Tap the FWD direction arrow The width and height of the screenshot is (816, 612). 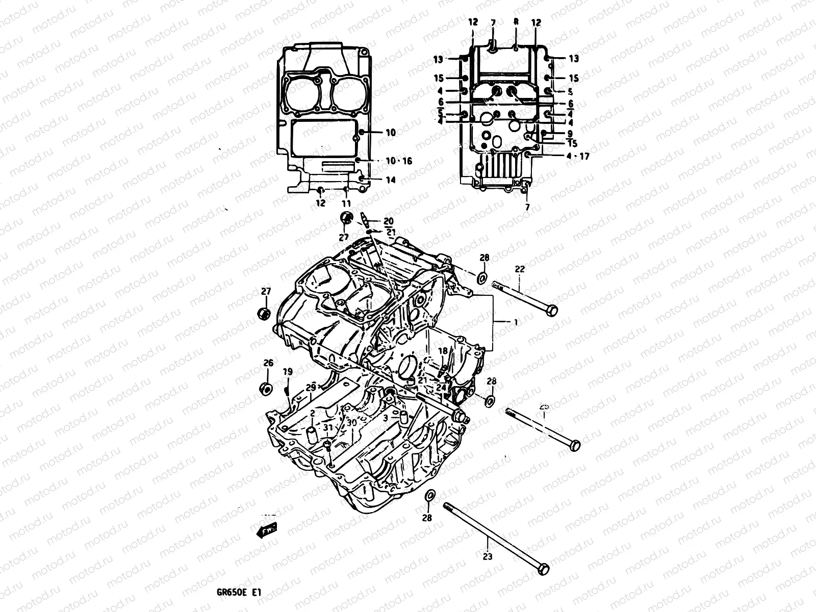pos(266,531)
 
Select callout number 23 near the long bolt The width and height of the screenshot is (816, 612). pos(488,556)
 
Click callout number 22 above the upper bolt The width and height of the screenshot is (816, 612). pos(519,269)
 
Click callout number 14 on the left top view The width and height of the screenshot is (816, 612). pos(391,180)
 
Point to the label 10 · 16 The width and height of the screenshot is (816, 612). pos(398,161)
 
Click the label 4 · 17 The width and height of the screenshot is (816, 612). pos(577,157)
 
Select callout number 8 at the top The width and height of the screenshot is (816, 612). pos(516,22)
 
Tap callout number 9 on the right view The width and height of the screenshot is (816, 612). pos(569,134)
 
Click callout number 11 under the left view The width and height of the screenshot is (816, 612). pos(346,203)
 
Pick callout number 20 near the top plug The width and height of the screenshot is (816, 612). pos(389,221)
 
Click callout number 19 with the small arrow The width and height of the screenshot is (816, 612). pos(287,371)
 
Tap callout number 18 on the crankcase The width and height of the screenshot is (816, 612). pos(443,351)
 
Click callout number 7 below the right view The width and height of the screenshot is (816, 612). pos(528,207)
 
